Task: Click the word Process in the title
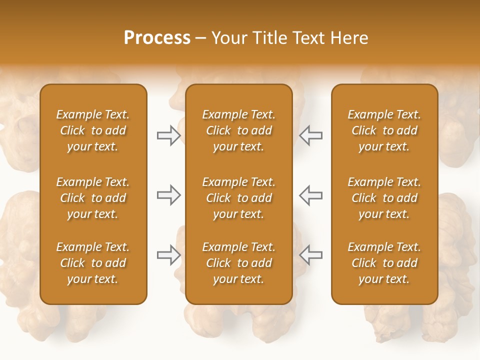(x=157, y=38)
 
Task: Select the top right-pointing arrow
(x=168, y=135)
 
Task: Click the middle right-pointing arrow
(x=168, y=195)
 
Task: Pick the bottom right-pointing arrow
(x=168, y=255)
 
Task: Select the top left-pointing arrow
(x=310, y=135)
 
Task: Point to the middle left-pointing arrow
(x=310, y=195)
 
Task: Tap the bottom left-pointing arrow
(x=310, y=255)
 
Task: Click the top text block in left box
(x=93, y=130)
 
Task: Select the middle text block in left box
(x=93, y=198)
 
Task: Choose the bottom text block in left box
(x=93, y=263)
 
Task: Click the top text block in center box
(x=238, y=130)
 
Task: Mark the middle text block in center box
(x=238, y=198)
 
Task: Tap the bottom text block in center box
(x=238, y=263)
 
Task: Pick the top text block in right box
(x=384, y=130)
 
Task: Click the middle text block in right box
(x=384, y=198)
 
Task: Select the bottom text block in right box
(x=384, y=263)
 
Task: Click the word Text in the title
(x=308, y=38)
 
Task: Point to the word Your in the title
(x=228, y=38)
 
